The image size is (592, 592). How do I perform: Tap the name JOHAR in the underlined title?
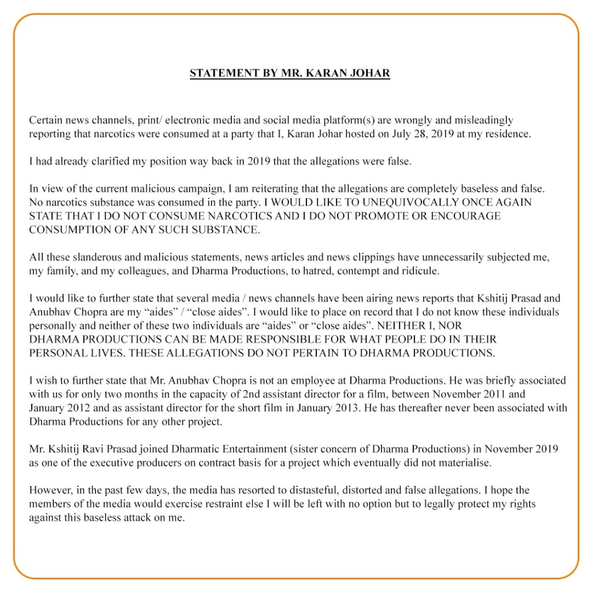(370, 73)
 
